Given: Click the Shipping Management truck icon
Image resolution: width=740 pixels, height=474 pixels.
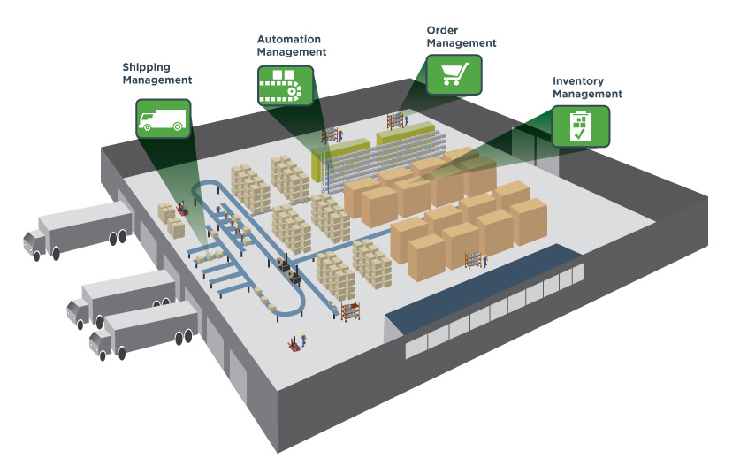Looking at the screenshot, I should (x=164, y=118).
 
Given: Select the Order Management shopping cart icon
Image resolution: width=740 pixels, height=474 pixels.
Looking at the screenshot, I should (x=454, y=75).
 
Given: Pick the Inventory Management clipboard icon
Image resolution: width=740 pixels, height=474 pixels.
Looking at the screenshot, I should (x=581, y=126).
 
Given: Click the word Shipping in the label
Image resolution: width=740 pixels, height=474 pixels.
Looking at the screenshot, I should (x=146, y=67).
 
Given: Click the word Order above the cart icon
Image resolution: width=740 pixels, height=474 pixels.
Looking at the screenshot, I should (x=442, y=29).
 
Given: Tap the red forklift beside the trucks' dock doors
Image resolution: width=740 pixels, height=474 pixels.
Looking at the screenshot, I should (x=182, y=210).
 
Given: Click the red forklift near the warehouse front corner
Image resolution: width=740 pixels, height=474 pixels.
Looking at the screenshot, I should (x=293, y=343).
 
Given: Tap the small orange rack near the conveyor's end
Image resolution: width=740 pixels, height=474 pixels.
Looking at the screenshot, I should (x=351, y=311).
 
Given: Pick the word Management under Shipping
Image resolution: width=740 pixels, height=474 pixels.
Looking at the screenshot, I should (x=157, y=80).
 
